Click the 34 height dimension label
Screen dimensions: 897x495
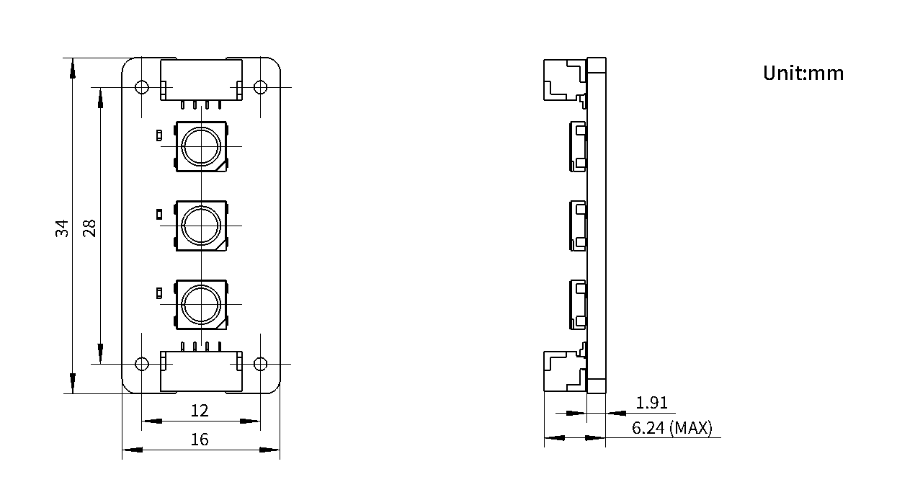(62, 228)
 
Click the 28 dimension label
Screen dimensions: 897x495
(89, 228)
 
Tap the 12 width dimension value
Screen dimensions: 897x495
(200, 411)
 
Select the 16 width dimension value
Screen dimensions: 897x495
(200, 440)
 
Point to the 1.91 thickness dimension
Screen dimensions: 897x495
(652, 403)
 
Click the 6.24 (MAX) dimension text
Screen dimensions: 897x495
(672, 428)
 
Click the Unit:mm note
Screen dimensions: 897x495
(803, 73)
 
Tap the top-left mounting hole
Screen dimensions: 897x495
(142, 87)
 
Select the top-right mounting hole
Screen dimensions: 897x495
(261, 87)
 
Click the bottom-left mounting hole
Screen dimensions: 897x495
(142, 364)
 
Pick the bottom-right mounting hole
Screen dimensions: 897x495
(261, 364)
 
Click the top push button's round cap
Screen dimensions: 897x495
(201, 146)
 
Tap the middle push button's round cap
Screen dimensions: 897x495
(201, 226)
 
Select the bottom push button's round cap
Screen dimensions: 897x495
(201, 305)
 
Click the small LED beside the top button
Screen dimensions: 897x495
(159, 135)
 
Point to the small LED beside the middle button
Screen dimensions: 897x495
(159, 215)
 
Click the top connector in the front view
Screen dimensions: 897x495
(201, 80)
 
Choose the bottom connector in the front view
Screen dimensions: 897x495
(201, 371)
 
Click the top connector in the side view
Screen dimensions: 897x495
(565, 82)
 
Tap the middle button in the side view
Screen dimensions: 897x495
(578, 226)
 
